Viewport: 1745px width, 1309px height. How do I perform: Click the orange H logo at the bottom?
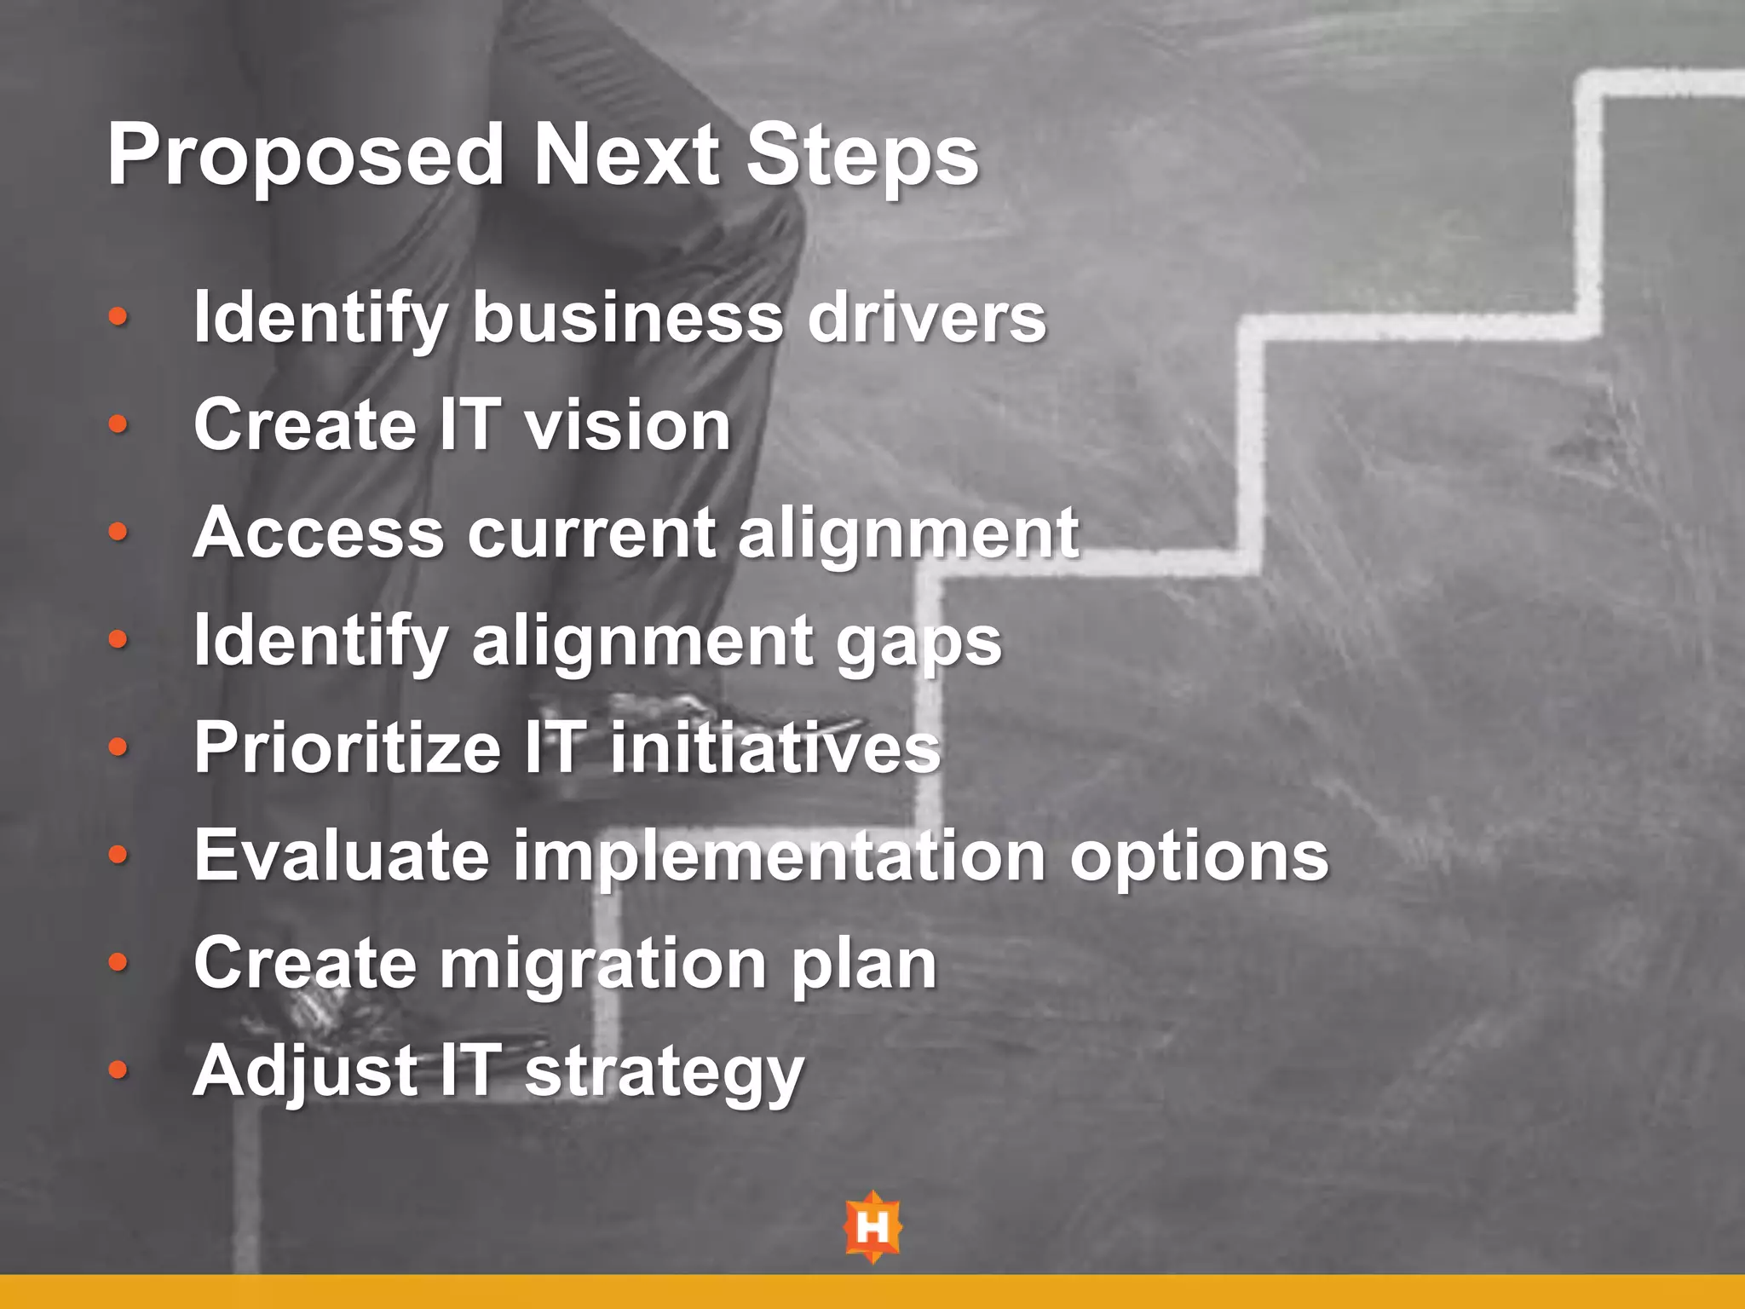pos(872,1227)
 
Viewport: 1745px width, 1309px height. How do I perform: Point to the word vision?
pos(627,425)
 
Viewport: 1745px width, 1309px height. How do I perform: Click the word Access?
pos(319,533)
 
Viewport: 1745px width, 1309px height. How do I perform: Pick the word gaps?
pos(919,643)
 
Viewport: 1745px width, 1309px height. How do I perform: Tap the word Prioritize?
pos(347,748)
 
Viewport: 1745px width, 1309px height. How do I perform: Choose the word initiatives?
pos(775,748)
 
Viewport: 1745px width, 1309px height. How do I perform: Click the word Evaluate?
pos(341,856)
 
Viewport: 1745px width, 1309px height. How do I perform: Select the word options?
pos(1199,857)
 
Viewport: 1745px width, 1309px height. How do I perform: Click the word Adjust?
pos(305,1072)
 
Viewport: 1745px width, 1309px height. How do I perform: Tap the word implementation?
pos(779,857)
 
